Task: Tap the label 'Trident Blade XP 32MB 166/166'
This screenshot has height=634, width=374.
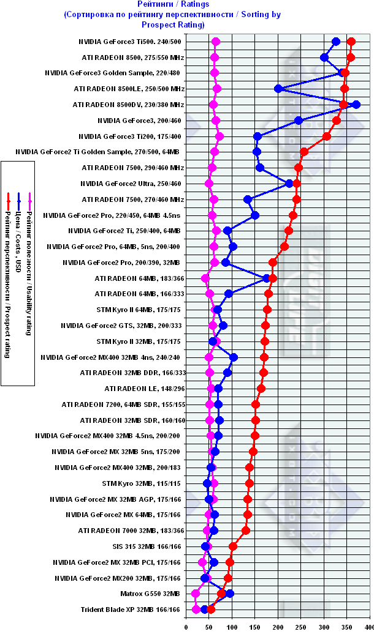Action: tap(131, 610)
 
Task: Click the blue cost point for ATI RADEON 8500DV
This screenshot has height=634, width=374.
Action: tap(356, 105)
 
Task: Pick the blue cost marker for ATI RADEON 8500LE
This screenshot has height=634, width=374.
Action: tap(278, 89)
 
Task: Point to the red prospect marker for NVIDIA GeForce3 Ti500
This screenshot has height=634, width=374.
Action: tap(351, 42)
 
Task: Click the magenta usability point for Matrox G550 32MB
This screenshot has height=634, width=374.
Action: tap(196, 594)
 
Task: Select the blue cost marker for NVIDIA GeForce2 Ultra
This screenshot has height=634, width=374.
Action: tap(290, 184)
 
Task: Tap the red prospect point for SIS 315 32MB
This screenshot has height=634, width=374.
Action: tap(232, 546)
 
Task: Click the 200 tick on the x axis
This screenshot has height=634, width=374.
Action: tap(278, 626)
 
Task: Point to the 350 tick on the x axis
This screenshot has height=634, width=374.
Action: tap(347, 626)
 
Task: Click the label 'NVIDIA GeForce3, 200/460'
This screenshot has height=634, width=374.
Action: tap(139, 121)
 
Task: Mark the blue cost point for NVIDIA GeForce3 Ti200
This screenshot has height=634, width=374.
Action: tap(258, 136)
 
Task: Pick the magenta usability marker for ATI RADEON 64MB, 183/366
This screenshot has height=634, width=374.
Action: tap(205, 278)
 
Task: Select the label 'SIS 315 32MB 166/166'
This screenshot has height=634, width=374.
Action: tap(148, 546)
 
